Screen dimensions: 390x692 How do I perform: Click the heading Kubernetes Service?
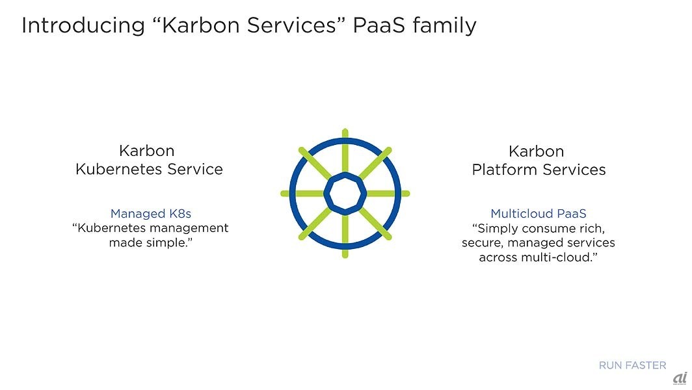tap(149, 170)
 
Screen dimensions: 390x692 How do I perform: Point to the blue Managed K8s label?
tap(150, 213)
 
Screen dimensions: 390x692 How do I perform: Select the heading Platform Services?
tap(539, 170)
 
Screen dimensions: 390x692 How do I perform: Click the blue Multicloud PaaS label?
tap(539, 213)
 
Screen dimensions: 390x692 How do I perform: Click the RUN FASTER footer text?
tap(632, 365)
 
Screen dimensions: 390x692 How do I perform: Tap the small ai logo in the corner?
tap(679, 378)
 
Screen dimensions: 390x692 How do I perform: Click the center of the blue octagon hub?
tap(345, 193)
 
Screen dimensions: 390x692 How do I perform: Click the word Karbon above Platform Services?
tap(536, 151)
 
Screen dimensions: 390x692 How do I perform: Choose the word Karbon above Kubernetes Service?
tap(147, 151)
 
